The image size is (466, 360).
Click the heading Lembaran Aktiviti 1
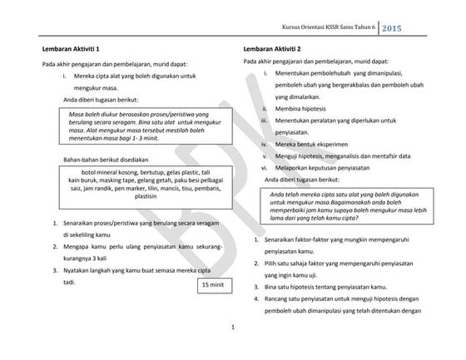click(x=74, y=50)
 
